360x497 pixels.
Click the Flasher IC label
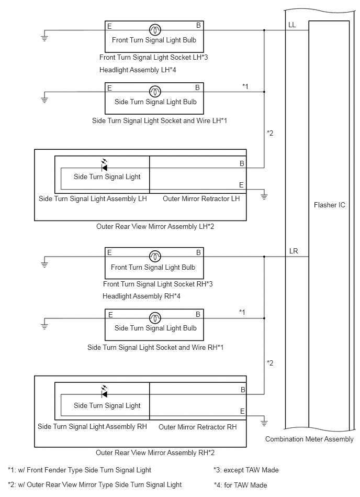tap(329, 205)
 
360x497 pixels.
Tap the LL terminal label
tap(292, 25)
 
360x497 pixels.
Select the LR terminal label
tap(294, 251)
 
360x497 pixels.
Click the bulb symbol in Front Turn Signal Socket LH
tap(155, 30)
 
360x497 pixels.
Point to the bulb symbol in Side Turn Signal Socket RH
tap(155, 318)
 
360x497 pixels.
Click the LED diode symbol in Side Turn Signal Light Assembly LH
tap(104, 166)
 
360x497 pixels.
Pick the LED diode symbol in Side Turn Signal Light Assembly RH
tap(104, 392)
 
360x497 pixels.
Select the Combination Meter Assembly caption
tap(309, 439)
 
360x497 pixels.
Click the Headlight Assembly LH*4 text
tap(138, 70)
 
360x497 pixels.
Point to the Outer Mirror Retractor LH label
tap(201, 198)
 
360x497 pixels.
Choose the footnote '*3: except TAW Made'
tap(246, 470)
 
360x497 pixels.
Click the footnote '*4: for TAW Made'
tap(240, 485)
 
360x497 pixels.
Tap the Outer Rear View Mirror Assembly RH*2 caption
tap(155, 452)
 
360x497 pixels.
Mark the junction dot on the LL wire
tap(264, 30)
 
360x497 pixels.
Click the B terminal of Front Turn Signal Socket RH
tap(198, 252)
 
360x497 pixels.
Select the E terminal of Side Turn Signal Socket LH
tap(109, 88)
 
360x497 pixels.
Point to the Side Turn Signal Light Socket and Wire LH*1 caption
tap(160, 121)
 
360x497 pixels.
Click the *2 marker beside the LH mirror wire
tap(270, 133)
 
